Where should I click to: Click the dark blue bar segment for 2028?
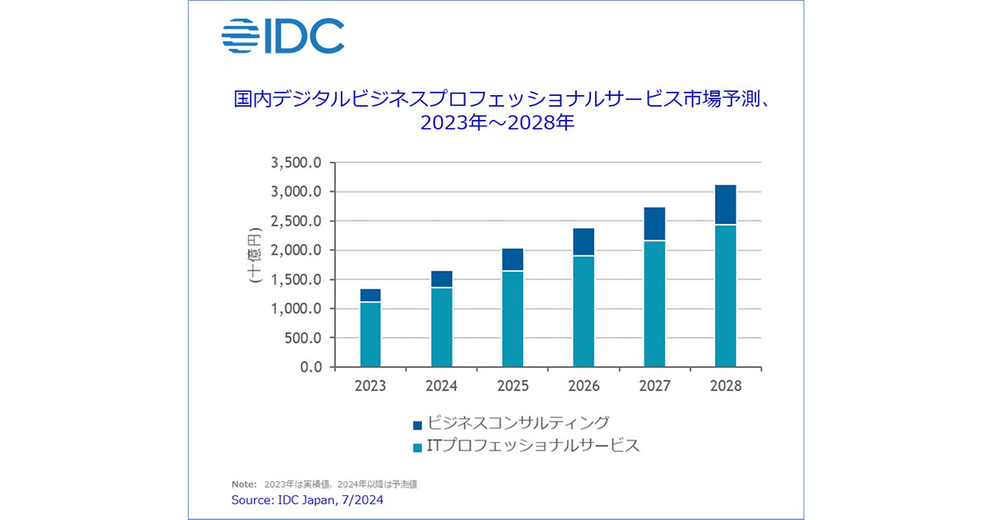[x=726, y=204]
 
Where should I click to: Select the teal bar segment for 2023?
[x=370, y=334]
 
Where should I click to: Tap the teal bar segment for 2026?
[x=583, y=311]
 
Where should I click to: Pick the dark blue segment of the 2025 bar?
[x=512, y=260]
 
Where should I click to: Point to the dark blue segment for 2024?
[x=441, y=279]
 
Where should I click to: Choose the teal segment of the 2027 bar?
[x=655, y=303]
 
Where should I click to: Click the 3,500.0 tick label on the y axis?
[x=295, y=163]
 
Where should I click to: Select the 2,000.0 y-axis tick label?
[x=295, y=250]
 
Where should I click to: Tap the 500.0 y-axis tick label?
[x=301, y=338]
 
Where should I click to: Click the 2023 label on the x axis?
[x=370, y=386]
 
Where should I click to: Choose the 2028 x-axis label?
[x=726, y=386]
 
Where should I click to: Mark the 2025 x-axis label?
[x=512, y=386]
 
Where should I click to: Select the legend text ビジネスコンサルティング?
[x=519, y=423]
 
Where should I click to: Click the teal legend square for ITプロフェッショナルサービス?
[x=417, y=447]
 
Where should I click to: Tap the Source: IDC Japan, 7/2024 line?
[x=307, y=499]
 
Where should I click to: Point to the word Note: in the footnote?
[x=244, y=484]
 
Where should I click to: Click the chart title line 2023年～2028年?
[x=496, y=125]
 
